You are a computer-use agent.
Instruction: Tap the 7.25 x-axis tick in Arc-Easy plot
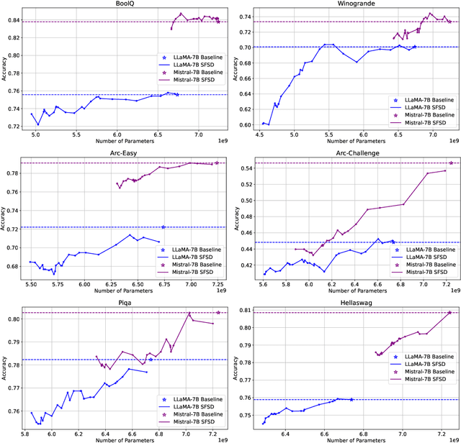pyautogui.click(x=217, y=285)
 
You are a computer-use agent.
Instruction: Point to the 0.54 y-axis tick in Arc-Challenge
pyautogui.click(x=246, y=168)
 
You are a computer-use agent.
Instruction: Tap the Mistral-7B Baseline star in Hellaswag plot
pyautogui.click(x=450, y=312)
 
